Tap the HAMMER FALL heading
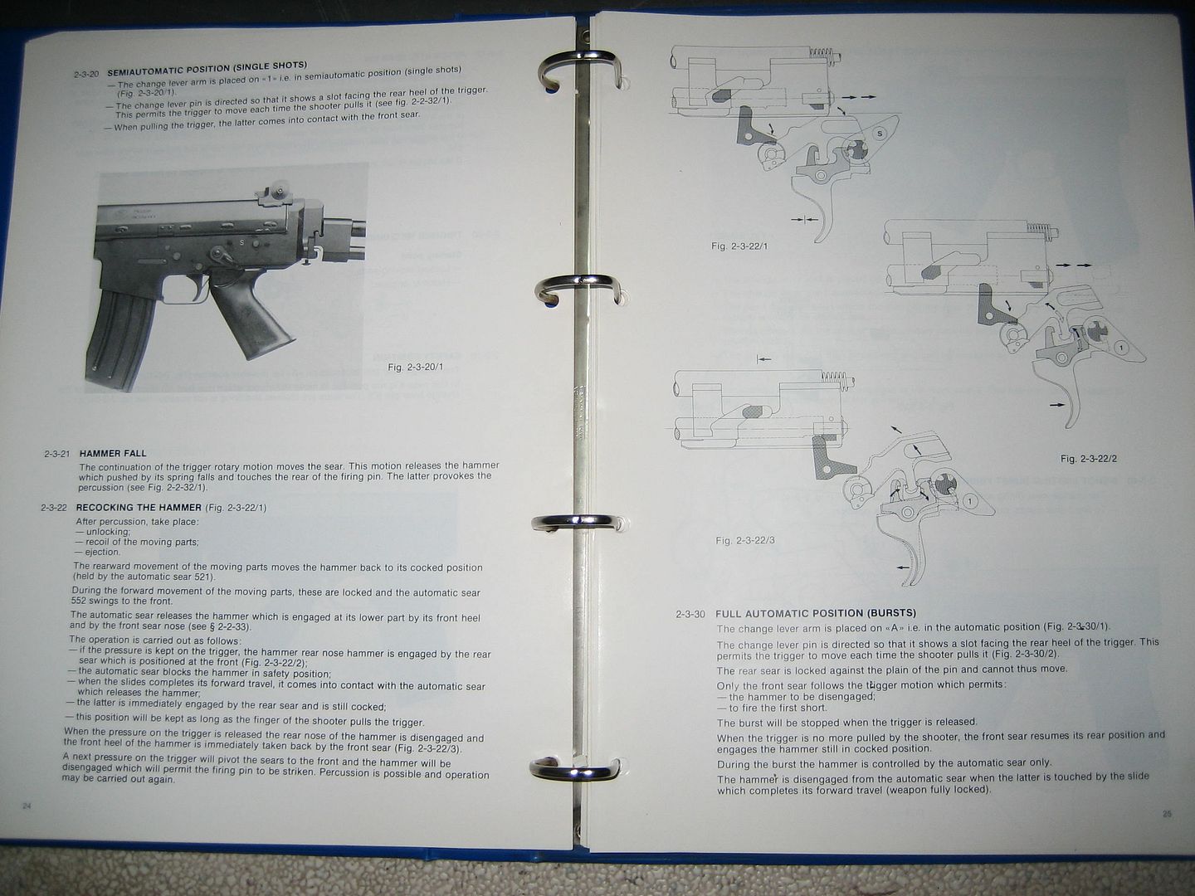pos(113,454)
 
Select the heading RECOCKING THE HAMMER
pos(139,507)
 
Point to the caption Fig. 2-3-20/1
pos(416,367)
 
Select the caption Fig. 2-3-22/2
pos(1089,458)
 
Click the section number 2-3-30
pos(690,614)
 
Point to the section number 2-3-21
pos(59,454)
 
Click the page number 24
pos(26,806)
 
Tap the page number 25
pos(1167,814)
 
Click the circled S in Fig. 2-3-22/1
pos(880,133)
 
